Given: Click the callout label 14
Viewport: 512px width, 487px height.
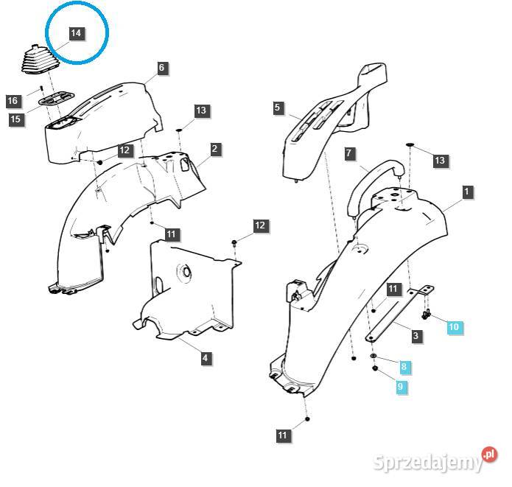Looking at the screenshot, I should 76,33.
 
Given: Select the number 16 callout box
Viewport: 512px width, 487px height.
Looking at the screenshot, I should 13,101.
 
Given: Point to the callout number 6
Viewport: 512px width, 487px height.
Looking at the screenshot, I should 161,69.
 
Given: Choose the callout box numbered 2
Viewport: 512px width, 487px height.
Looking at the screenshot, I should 214,149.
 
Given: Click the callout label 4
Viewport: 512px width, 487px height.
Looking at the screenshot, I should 206,359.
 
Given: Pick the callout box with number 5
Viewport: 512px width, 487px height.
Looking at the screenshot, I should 277,108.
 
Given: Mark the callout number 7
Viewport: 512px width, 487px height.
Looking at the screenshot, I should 350,154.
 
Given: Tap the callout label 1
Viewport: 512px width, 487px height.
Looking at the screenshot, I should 466,192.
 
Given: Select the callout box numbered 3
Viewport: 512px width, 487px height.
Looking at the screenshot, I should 416,336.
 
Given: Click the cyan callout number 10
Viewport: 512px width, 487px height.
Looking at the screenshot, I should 454,326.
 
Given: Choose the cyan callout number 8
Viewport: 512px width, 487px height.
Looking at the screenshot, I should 404,366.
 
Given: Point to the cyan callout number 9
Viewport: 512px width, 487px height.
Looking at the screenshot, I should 401,386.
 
